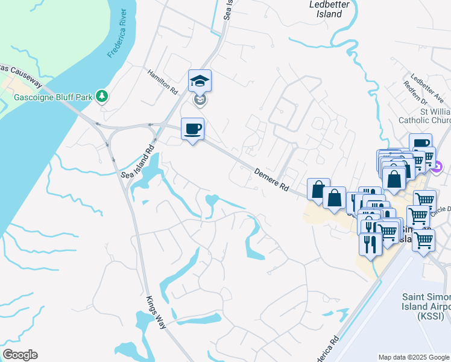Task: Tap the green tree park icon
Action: [102, 96]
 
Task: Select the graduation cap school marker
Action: [200, 80]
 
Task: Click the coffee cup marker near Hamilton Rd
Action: [192, 129]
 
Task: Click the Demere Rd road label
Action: [271, 179]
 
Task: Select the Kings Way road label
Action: [155, 310]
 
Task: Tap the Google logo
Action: [20, 355]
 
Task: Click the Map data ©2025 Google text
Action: [414, 357]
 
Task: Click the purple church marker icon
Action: [438, 165]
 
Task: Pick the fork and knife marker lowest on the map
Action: [368, 243]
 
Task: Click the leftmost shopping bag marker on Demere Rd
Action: [317, 188]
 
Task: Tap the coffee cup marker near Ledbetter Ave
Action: [420, 144]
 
